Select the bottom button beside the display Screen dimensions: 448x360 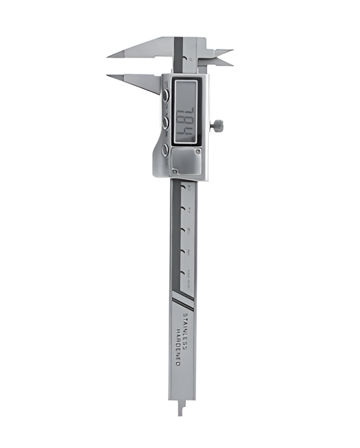[166, 149]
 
